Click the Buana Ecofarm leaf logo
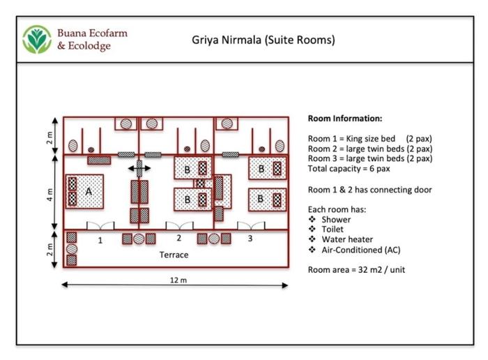click(37, 40)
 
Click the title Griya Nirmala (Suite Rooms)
click(264, 40)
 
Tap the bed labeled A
click(85, 191)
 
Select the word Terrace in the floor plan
click(174, 255)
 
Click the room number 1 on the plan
click(100, 239)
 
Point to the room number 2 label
click(179, 239)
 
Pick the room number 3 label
click(250, 239)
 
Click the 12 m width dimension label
click(177, 279)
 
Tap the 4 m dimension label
click(48, 192)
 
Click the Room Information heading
click(344, 119)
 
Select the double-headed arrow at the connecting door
click(139, 168)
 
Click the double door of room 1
click(100, 225)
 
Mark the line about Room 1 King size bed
click(369, 139)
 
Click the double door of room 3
click(250, 225)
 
